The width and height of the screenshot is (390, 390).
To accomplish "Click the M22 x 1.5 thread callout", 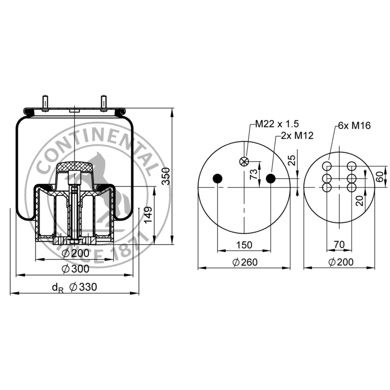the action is [277, 124].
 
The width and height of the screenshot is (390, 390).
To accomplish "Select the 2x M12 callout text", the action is [297, 136].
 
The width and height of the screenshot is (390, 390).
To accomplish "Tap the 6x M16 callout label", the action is [354, 126].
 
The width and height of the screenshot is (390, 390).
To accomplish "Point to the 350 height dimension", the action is [166, 176].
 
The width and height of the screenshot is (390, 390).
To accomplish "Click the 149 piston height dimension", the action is [148, 215].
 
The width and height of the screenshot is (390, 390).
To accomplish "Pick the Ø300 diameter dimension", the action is [76, 269].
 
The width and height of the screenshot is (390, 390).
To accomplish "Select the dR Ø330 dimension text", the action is [75, 287].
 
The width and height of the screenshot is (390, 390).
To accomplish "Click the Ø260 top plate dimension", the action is [245, 262].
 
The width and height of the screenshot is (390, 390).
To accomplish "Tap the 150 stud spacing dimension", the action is [244, 245].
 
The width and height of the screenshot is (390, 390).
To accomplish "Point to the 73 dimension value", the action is [253, 174].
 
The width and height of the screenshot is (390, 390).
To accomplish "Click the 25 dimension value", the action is [292, 160].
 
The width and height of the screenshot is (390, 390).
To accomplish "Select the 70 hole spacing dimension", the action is [339, 245].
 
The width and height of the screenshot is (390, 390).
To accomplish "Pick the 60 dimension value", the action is [380, 176].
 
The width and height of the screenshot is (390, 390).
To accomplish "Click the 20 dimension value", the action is [359, 200].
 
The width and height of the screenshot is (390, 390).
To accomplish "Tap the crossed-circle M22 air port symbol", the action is [244, 162].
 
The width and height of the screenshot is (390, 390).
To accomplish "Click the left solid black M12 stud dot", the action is [217, 178].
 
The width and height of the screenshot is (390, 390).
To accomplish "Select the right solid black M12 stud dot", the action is [271, 178].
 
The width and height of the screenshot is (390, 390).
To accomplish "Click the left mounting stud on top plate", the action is [45, 103].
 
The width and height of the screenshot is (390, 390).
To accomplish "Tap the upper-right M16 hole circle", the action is [351, 166].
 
